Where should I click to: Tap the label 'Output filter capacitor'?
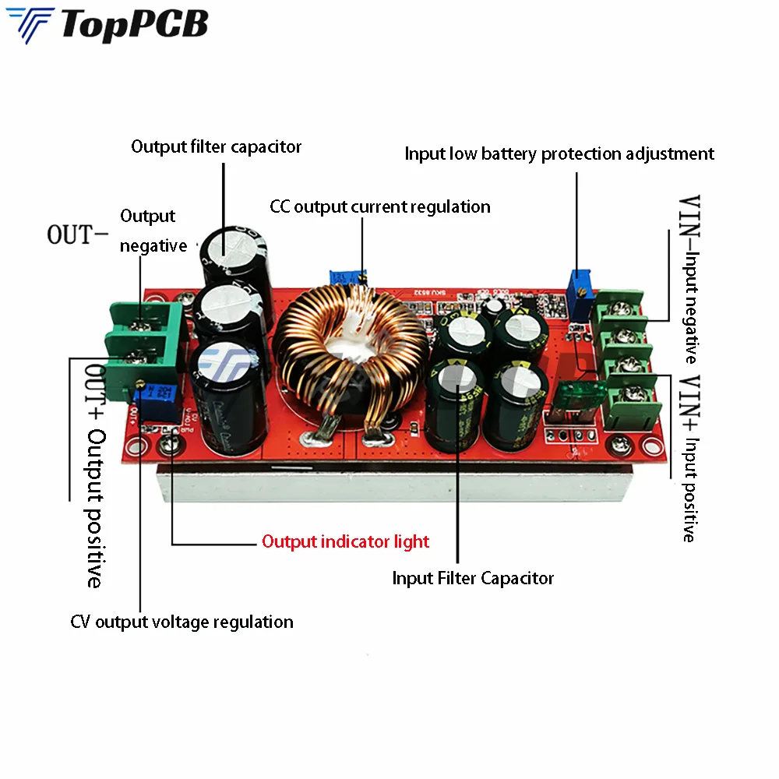(216, 146)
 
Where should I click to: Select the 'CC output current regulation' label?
(380, 206)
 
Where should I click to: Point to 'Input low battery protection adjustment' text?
(559, 153)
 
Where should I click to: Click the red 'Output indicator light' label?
(345, 541)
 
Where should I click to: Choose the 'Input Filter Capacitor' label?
(473, 578)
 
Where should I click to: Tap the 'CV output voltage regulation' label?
(182, 622)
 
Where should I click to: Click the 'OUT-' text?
(79, 234)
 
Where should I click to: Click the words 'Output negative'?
(153, 231)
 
